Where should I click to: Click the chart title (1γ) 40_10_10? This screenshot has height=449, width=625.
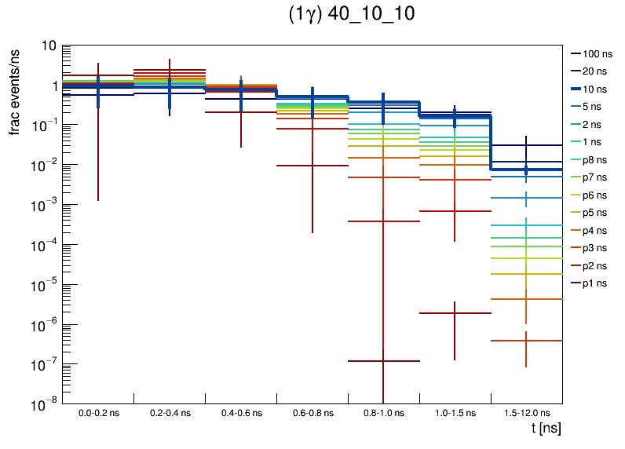(x=352, y=15)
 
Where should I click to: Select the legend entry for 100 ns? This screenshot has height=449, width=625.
(x=595, y=54)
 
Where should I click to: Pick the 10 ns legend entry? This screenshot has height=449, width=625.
(x=595, y=89)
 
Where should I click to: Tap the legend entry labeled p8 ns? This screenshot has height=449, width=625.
(x=595, y=159)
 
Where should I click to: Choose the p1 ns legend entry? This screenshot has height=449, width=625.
(x=595, y=283)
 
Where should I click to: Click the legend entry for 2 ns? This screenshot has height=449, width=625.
(x=595, y=124)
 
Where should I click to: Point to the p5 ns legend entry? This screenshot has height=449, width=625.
(x=595, y=213)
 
